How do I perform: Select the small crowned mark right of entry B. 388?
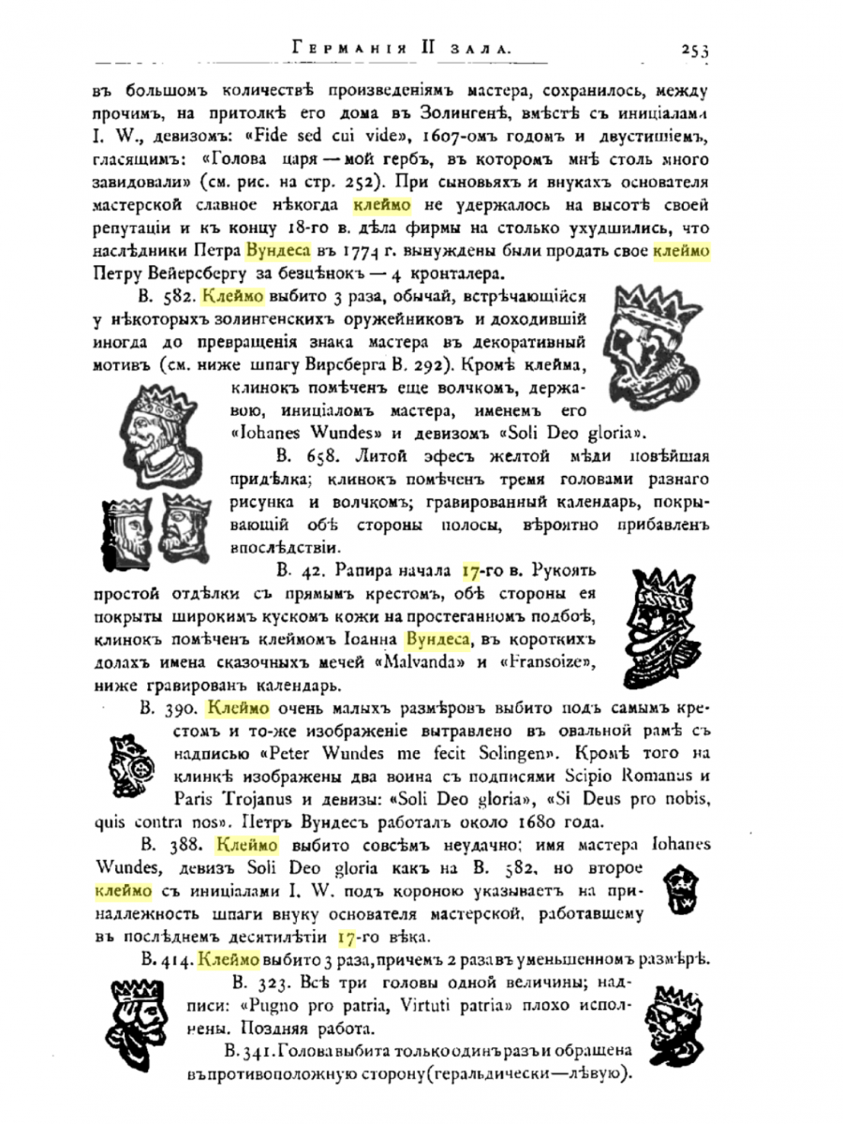(x=682, y=892)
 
